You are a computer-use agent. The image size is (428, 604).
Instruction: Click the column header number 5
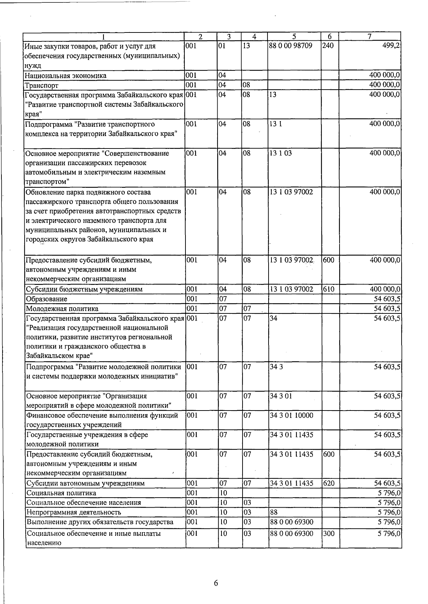coord(294,36)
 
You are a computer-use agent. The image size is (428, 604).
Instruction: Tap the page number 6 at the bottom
coord(216,583)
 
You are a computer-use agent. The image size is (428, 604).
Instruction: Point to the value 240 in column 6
coord(328,46)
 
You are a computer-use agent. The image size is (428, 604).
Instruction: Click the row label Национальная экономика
coord(66,76)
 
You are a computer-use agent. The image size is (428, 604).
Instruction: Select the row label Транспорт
coord(42,85)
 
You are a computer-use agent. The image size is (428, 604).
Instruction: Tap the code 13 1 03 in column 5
coord(281,153)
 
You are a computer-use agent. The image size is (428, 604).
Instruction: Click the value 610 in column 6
coord(328,289)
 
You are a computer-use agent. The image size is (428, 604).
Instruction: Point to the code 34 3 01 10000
coord(291,416)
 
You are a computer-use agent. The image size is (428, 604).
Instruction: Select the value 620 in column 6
coord(328,483)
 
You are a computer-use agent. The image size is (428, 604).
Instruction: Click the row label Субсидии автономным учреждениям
coord(86,483)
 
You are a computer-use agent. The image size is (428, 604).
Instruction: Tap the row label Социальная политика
coord(61,493)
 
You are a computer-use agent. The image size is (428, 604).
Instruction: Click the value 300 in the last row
coord(328,533)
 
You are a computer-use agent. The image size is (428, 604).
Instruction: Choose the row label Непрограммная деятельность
coord(74,512)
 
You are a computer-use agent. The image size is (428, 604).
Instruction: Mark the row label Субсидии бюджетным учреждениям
coord(84,289)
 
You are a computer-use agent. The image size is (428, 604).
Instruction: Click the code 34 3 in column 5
coord(276,367)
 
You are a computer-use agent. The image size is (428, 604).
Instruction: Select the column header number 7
coord(370,36)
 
